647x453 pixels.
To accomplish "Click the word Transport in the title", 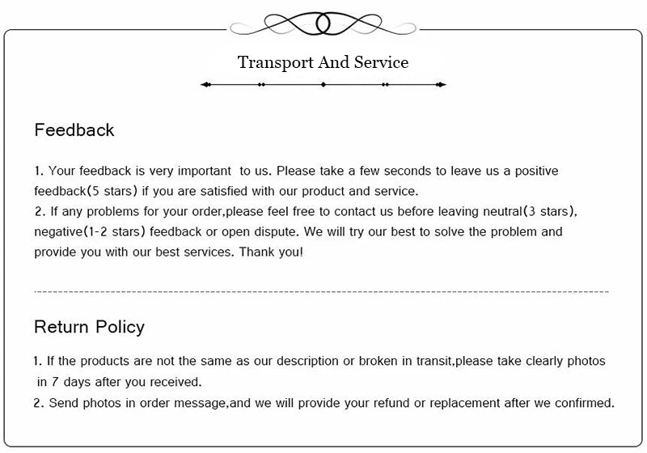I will coord(272,63).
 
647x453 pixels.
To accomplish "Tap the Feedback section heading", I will coord(74,130).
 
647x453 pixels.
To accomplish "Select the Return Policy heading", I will coord(89,327).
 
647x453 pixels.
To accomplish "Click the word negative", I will coord(59,232).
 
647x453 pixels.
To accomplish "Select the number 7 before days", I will coord(55,382).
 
